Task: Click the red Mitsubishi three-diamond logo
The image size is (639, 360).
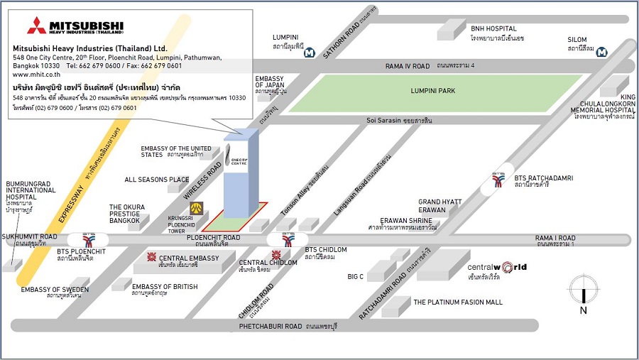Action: click(x=36, y=26)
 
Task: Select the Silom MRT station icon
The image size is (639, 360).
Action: click(x=601, y=51)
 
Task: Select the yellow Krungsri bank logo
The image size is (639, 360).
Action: click(x=196, y=208)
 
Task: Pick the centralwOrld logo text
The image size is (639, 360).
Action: click(x=497, y=268)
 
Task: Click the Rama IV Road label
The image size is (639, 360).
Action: click(x=408, y=66)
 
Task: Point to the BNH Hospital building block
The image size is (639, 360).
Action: click(x=450, y=30)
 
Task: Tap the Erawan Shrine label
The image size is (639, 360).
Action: click(x=405, y=220)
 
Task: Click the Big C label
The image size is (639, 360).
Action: click(x=355, y=276)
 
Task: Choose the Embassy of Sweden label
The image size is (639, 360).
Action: click(x=55, y=290)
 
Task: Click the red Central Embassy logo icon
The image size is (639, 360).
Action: click(x=151, y=257)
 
